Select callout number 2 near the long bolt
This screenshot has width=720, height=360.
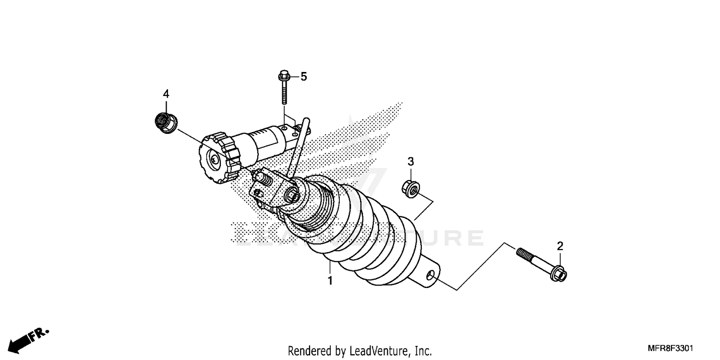click(560, 246)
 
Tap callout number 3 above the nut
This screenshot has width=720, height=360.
click(410, 162)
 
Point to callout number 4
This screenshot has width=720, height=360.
click(166, 94)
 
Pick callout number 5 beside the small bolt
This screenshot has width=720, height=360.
click(303, 77)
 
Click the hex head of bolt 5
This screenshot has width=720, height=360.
click(283, 76)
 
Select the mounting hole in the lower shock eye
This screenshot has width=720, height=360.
click(432, 276)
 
